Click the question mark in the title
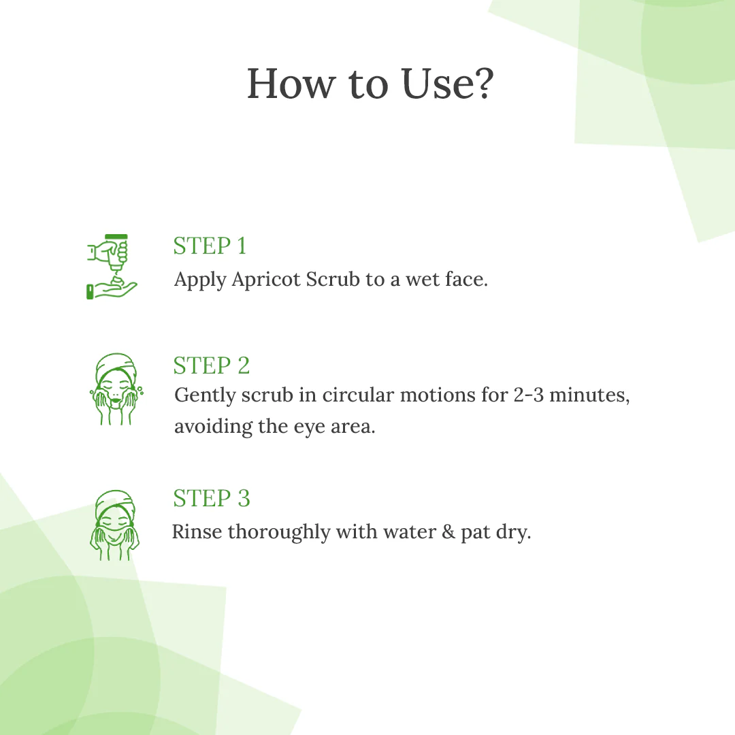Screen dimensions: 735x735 tap(480, 84)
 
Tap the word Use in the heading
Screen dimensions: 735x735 tap(434, 84)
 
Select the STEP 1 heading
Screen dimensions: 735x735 tap(210, 246)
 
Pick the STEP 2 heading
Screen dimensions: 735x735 tap(212, 365)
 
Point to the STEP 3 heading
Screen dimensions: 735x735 tap(212, 498)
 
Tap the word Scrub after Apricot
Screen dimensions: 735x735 tap(333, 280)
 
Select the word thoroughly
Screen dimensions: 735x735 tap(279, 532)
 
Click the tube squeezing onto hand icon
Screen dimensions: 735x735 tap(112, 267)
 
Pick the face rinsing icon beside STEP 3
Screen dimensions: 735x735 tap(115, 525)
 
